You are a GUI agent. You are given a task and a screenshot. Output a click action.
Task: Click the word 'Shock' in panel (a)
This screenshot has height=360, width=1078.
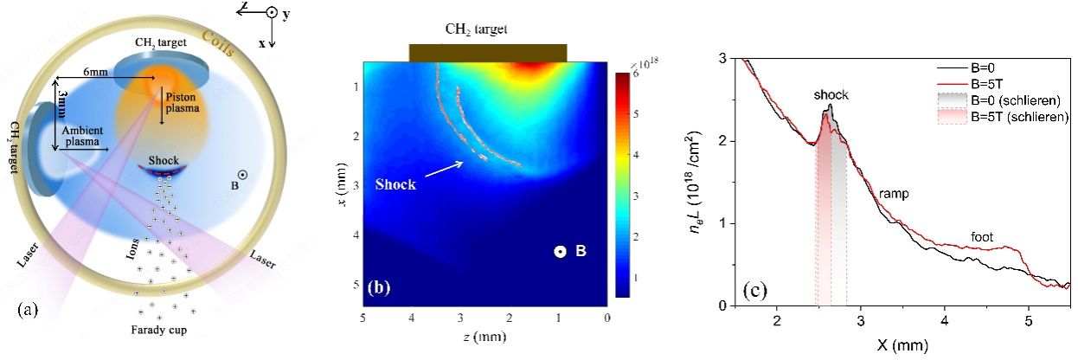tap(164, 160)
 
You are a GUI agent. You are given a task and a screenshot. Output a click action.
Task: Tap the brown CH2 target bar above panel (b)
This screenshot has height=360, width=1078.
tap(488, 53)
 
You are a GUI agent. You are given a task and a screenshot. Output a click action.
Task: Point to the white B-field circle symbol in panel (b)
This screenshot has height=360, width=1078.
tap(561, 252)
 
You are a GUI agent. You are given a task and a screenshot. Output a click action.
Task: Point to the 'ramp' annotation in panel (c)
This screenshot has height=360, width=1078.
tap(895, 195)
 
